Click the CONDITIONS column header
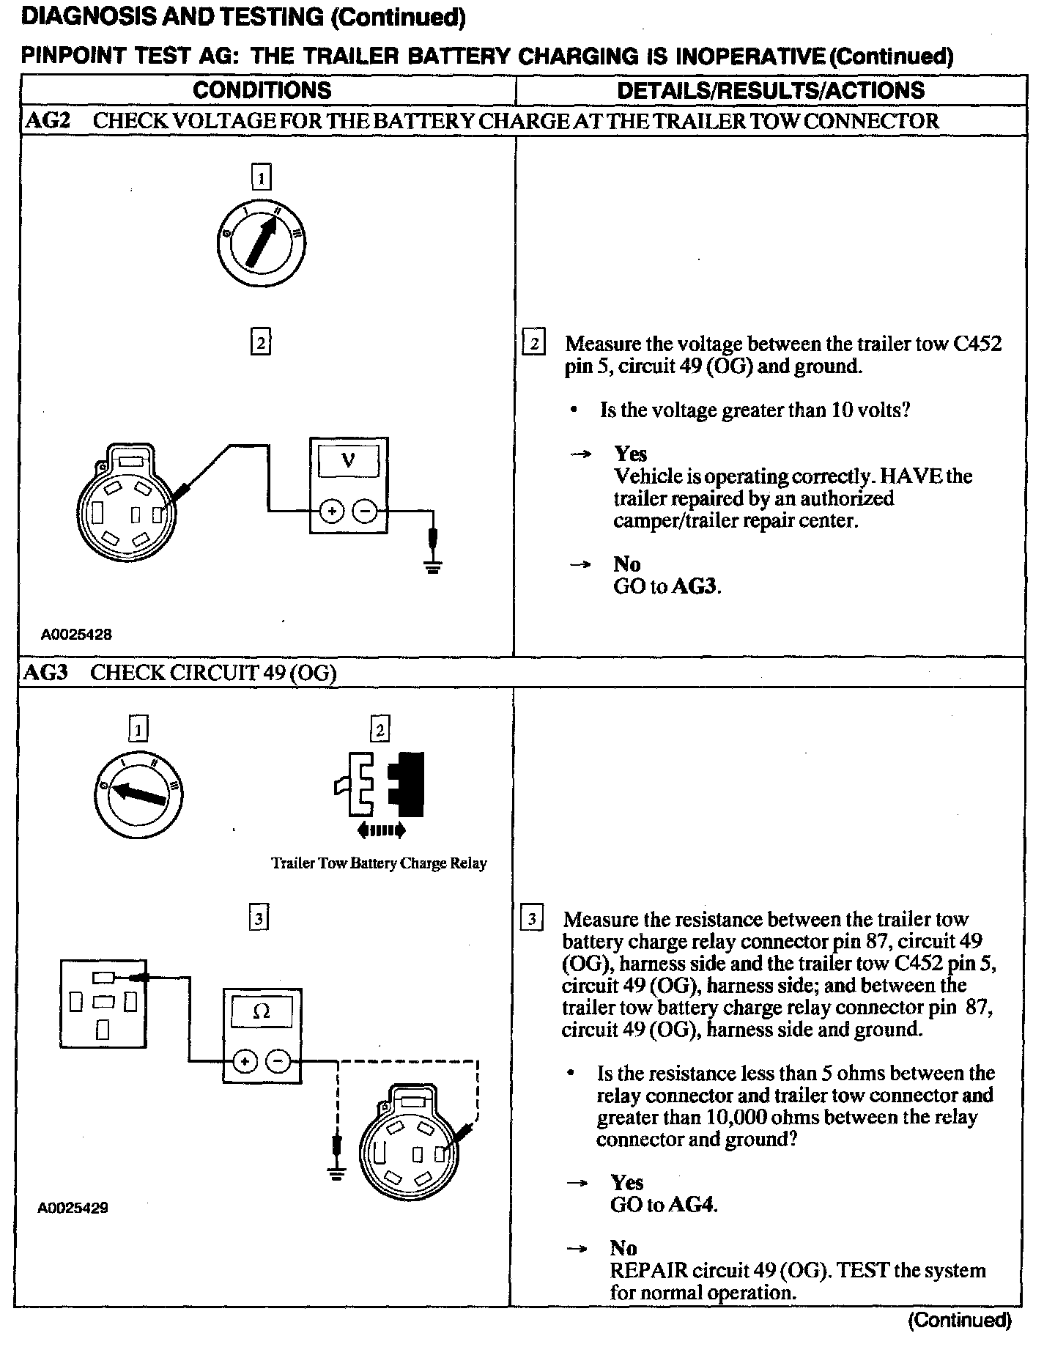click(x=262, y=90)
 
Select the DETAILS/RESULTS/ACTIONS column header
click(x=771, y=90)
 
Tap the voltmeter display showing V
click(x=349, y=461)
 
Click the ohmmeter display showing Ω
click(x=261, y=1012)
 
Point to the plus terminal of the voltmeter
click(x=332, y=512)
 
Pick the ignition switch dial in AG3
click(x=139, y=792)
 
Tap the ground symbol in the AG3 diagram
click(x=337, y=1174)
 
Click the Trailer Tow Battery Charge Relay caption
click(x=379, y=863)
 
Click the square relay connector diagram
click(x=103, y=1003)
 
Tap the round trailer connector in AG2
click(x=127, y=508)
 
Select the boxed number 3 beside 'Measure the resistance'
click(x=531, y=919)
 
